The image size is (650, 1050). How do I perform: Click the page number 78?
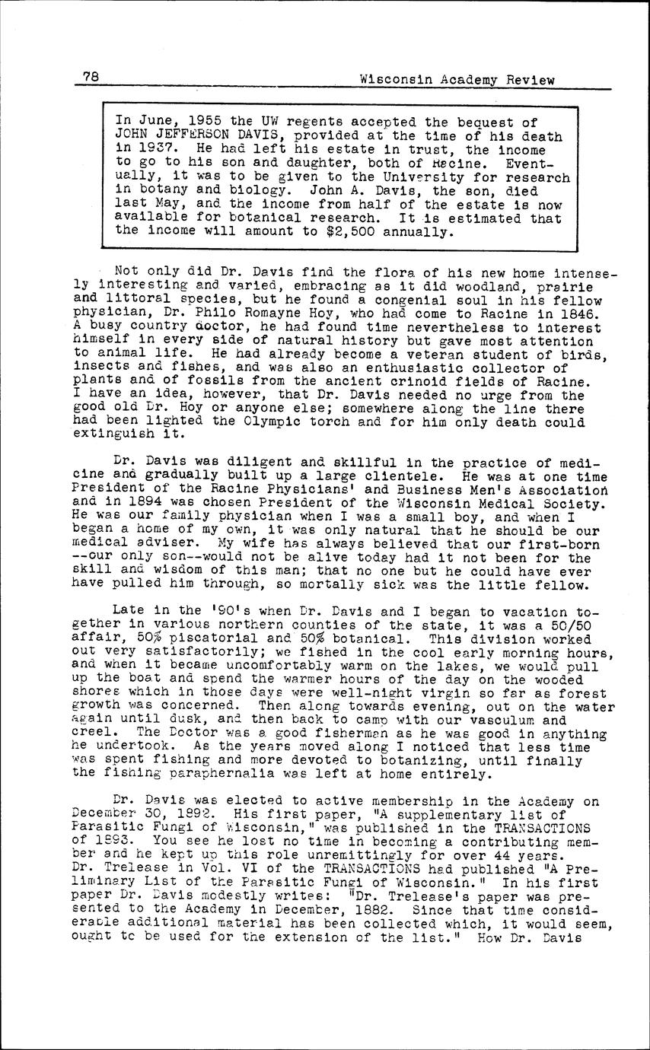(x=92, y=77)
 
